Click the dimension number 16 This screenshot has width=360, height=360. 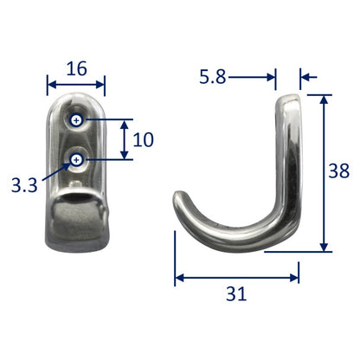[x=76, y=67]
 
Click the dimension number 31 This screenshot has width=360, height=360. [x=237, y=294]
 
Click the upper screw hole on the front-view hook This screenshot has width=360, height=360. [x=77, y=120]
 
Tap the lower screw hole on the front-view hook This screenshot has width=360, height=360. [x=78, y=158]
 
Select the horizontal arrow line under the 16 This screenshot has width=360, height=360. [x=75, y=86]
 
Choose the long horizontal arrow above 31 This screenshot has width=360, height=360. [x=237, y=278]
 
